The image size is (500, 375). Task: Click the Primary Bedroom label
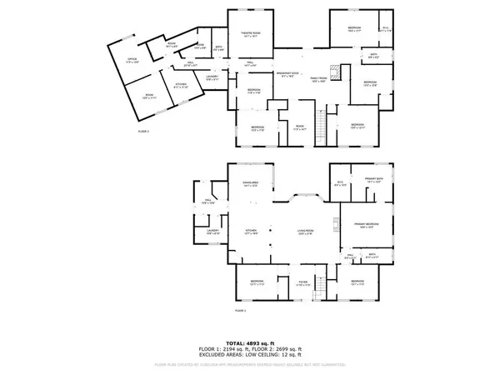(x=367, y=224)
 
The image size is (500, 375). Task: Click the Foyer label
(x=305, y=283)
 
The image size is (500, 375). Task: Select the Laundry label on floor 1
(x=212, y=232)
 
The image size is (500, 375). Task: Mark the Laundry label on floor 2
(x=212, y=77)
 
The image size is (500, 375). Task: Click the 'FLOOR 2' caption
(x=143, y=132)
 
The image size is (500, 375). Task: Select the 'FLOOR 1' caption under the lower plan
(x=240, y=311)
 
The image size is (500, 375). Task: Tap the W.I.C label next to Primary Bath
(x=340, y=183)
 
